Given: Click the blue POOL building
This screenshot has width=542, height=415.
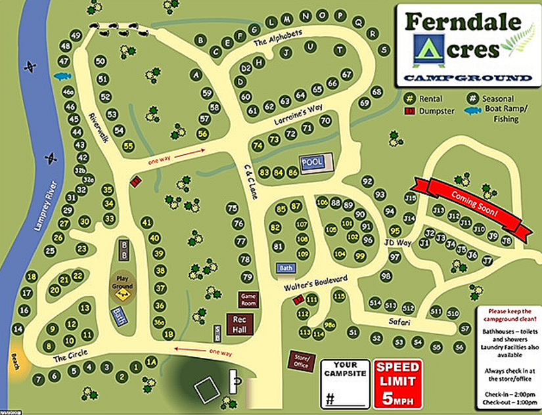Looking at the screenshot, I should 312,162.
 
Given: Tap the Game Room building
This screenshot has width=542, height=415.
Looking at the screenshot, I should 248,299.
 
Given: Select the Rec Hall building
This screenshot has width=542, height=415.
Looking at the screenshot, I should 238,324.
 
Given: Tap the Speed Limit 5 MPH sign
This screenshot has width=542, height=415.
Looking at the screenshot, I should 396,383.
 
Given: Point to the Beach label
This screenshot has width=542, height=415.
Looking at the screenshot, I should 14,358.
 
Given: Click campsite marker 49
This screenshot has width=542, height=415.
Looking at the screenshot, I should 76,35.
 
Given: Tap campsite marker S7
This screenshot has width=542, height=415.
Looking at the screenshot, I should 465,328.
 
